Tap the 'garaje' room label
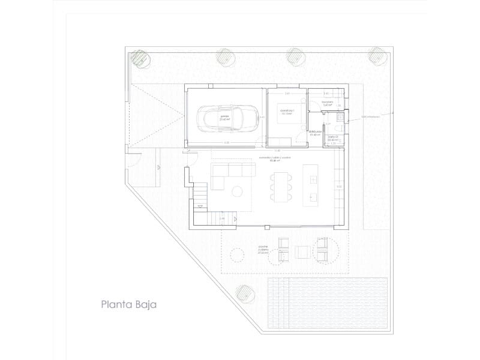click(224, 116)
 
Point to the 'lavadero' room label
click(327, 104)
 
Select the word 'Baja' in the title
click(146, 304)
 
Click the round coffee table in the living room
click(237, 191)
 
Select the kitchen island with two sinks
click(311, 183)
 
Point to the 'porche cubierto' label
click(262, 249)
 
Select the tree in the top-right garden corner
click(376, 55)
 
